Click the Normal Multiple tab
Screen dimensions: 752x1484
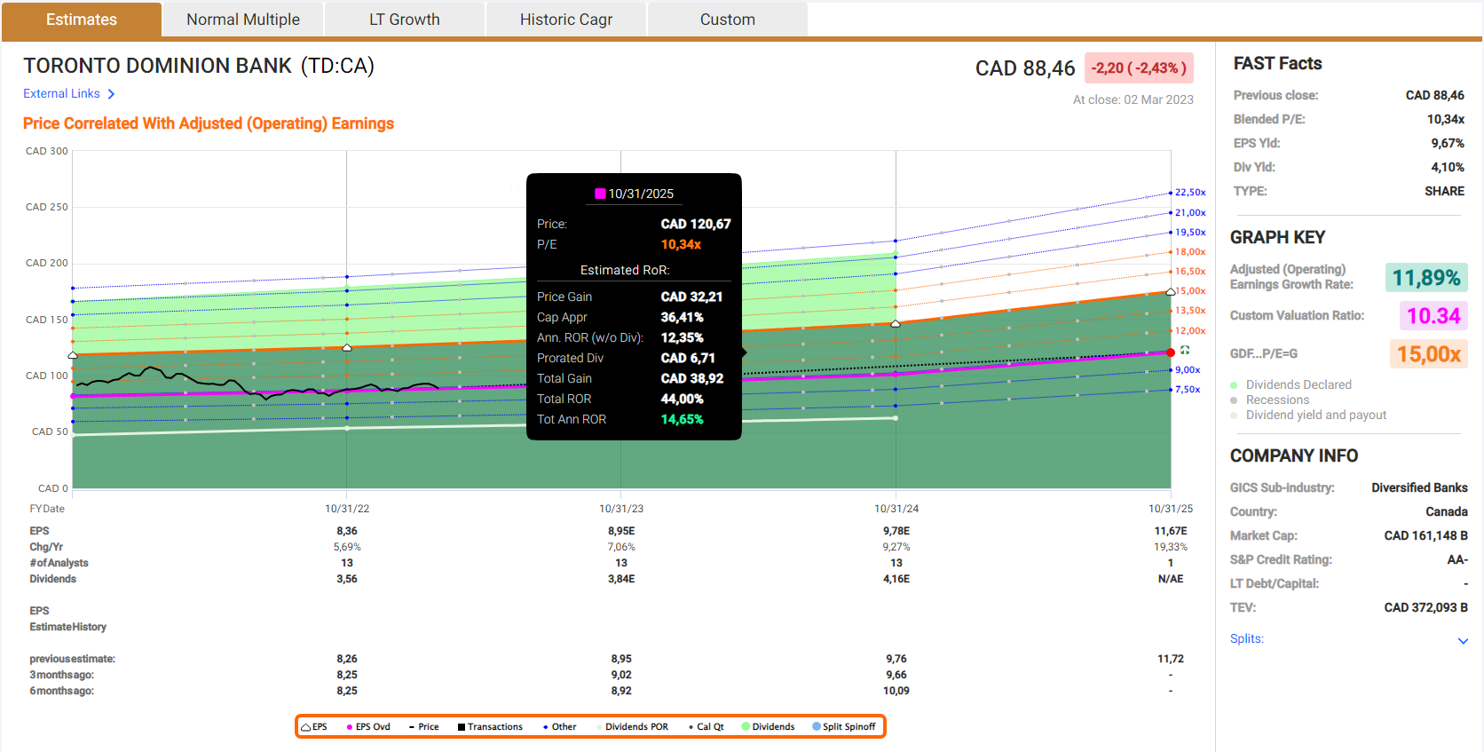243,20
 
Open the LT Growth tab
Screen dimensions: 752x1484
405,20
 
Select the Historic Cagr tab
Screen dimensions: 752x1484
566,20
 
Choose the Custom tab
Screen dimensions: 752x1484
728,20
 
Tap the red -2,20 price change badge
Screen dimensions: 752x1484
1139,68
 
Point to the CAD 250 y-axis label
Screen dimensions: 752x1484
47,207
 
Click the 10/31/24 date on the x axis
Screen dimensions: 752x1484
896,509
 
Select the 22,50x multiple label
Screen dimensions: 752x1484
1190,193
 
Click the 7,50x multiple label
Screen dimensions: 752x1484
1188,390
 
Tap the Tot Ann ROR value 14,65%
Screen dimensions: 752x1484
682,419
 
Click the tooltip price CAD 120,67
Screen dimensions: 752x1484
696,224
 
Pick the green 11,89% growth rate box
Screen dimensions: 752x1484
1425,278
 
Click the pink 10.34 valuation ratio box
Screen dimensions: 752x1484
1433,316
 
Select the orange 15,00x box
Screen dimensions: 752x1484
1428,354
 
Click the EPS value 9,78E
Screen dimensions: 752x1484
896,531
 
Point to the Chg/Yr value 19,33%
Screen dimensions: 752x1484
1171,547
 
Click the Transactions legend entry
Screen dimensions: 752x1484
490,727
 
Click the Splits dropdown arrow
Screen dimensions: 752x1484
1463,640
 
